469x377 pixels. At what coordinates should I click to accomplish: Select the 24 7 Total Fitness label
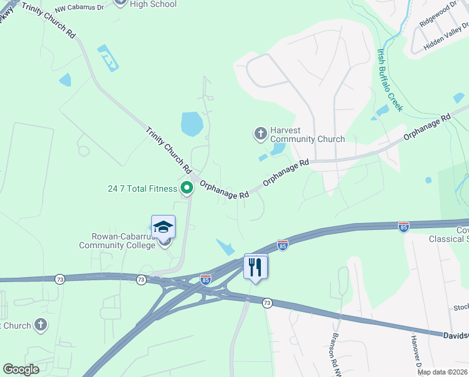click(142, 188)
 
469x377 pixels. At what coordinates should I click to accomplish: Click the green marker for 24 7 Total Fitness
click(187, 187)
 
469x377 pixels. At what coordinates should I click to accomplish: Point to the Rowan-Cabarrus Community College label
click(117, 241)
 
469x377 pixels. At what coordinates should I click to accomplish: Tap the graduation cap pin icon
click(163, 227)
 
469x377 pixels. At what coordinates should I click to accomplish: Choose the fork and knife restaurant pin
click(255, 267)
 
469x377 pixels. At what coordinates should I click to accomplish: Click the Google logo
click(21, 369)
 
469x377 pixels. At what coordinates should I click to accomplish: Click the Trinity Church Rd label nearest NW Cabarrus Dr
click(48, 20)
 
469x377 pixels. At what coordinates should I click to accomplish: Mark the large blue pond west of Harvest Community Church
click(191, 124)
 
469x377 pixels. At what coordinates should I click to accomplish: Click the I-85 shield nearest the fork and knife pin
click(283, 244)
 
